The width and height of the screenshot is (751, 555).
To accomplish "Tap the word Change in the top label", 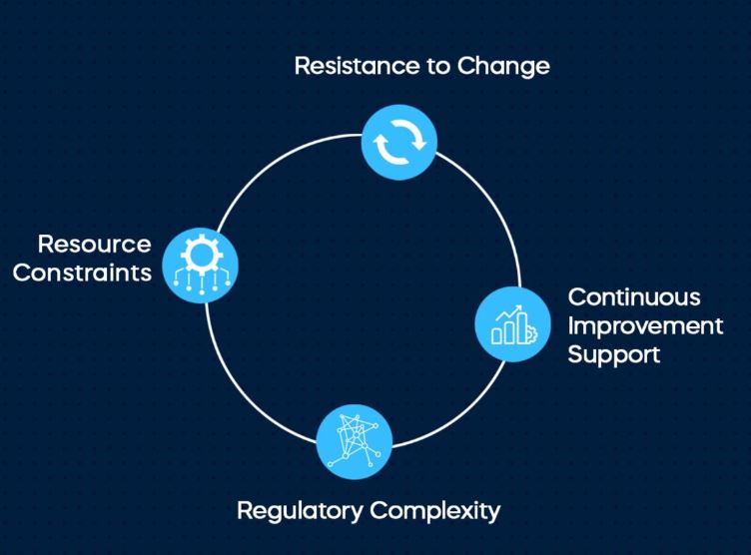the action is click(503, 66).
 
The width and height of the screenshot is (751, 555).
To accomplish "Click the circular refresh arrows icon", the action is click(399, 142).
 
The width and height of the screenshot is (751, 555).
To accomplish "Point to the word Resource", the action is click(94, 245).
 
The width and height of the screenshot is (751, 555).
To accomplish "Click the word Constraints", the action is click(82, 273).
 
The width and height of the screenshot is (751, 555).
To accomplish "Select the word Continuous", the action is click(634, 297).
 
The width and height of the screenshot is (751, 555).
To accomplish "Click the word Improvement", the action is click(645, 326).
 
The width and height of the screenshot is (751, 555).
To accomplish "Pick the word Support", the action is click(614, 354).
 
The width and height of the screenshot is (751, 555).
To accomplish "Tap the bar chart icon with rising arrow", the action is click(513, 324).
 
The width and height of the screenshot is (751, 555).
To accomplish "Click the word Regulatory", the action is click(300, 510).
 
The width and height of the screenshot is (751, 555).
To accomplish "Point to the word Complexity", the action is click(434, 510).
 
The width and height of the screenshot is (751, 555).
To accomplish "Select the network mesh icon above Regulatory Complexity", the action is click(355, 441).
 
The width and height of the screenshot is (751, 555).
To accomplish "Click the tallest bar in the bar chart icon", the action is click(522, 328).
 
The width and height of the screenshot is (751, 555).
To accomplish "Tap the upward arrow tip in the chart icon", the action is click(520, 306).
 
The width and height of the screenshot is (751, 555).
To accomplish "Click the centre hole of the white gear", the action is click(201, 255).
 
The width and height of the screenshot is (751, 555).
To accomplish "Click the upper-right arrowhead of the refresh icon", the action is click(419, 143).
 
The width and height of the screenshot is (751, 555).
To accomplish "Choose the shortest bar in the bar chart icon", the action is click(496, 336).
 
